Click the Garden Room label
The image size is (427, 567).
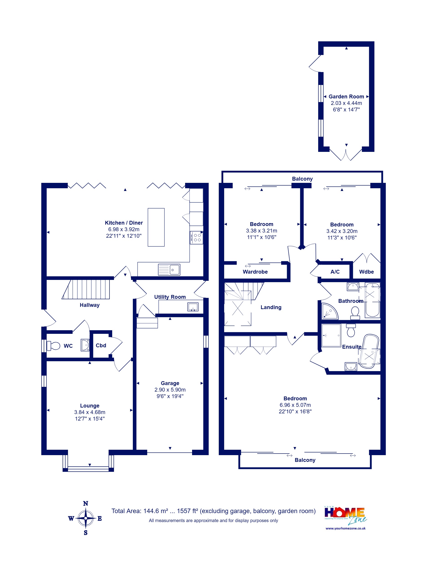[x=346, y=97]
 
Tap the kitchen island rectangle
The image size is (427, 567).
[x=156, y=227]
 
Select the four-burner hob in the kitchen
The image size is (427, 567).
[x=196, y=238]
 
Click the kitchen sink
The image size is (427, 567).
[x=169, y=270]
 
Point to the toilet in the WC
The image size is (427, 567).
[x=53, y=346]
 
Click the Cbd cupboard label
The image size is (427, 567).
[x=101, y=346]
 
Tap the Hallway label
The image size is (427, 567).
[x=90, y=305]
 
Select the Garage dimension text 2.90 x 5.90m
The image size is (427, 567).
[x=170, y=390]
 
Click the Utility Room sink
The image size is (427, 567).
[x=193, y=307]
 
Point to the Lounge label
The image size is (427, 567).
[x=90, y=405]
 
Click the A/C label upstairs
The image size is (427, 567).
[x=335, y=272]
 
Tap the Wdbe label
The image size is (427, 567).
[x=366, y=272]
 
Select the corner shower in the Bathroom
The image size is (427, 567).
[x=330, y=311]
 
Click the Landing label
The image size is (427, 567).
[x=271, y=307]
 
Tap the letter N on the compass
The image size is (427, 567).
[x=85, y=503]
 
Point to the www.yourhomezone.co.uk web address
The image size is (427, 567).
[x=345, y=528]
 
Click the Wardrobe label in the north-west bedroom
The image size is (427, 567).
[x=255, y=272]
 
